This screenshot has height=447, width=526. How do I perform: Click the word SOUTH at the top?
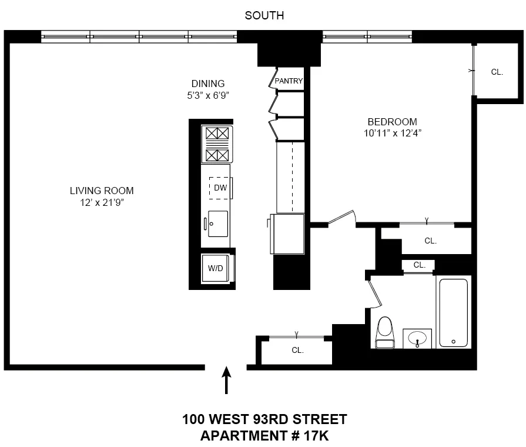(x=264, y=16)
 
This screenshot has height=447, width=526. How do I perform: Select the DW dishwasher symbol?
(x=220, y=188)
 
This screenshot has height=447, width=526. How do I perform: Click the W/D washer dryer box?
(x=216, y=268)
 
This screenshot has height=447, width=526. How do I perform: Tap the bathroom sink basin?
(x=418, y=338)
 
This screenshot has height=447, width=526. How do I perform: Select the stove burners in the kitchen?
(x=216, y=144)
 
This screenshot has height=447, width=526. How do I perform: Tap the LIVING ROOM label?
(x=102, y=191)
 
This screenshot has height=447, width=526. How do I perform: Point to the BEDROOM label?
(x=393, y=122)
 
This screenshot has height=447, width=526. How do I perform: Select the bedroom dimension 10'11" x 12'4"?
(x=393, y=134)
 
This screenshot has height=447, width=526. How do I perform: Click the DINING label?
(x=208, y=84)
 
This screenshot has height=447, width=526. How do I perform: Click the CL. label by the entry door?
(x=298, y=350)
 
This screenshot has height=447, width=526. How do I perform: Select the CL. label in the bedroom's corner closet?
(x=497, y=72)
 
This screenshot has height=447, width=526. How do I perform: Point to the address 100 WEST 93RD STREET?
(x=264, y=420)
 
